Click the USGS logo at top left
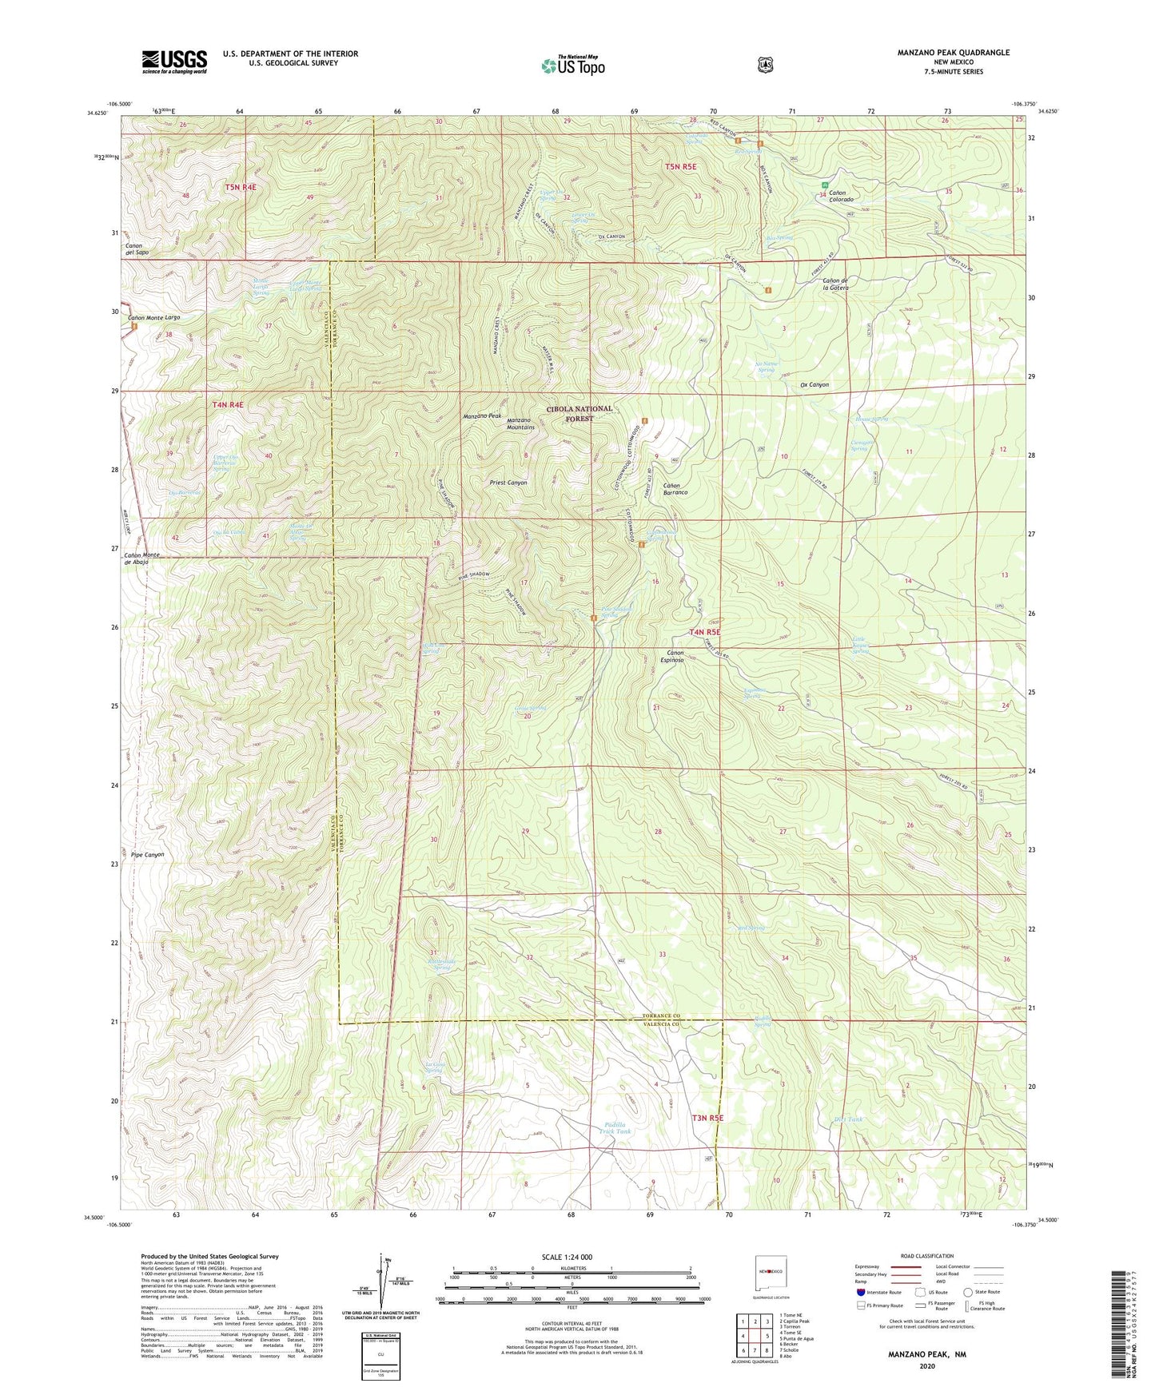174,61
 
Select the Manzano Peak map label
482,416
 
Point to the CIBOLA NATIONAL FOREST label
579,413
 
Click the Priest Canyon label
508,483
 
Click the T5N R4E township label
240,187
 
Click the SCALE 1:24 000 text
567,1257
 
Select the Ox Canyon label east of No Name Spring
814,384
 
